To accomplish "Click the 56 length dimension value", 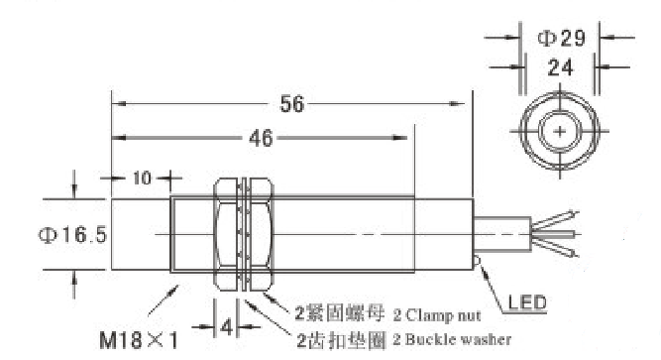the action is click(x=291, y=104).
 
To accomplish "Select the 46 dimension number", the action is click(x=261, y=138).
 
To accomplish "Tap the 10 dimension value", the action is click(x=142, y=179).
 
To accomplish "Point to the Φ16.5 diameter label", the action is click(x=73, y=235).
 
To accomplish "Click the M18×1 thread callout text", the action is click(x=139, y=339).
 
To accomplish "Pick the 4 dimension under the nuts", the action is click(x=226, y=326).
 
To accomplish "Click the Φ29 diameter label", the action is click(x=562, y=39).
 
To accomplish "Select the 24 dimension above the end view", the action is click(x=560, y=67).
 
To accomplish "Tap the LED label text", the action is click(x=527, y=302).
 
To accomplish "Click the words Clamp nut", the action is click(x=443, y=314).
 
